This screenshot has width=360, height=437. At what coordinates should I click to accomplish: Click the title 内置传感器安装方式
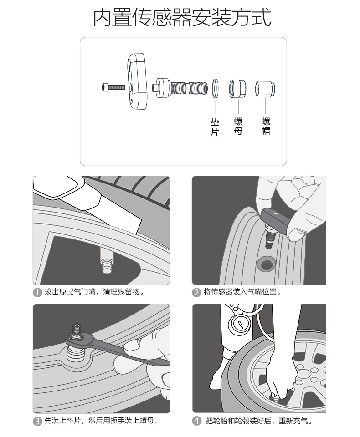(x=182, y=17)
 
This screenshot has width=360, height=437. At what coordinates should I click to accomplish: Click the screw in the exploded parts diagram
(x=113, y=86)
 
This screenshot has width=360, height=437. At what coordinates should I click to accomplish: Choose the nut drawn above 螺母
(x=238, y=87)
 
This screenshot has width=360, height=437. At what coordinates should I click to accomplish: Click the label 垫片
(x=215, y=127)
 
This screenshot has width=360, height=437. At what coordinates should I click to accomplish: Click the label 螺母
(x=238, y=126)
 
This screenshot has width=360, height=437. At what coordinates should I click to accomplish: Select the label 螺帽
(x=266, y=126)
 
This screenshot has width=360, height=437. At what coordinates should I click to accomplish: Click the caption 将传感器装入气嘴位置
(x=242, y=292)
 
